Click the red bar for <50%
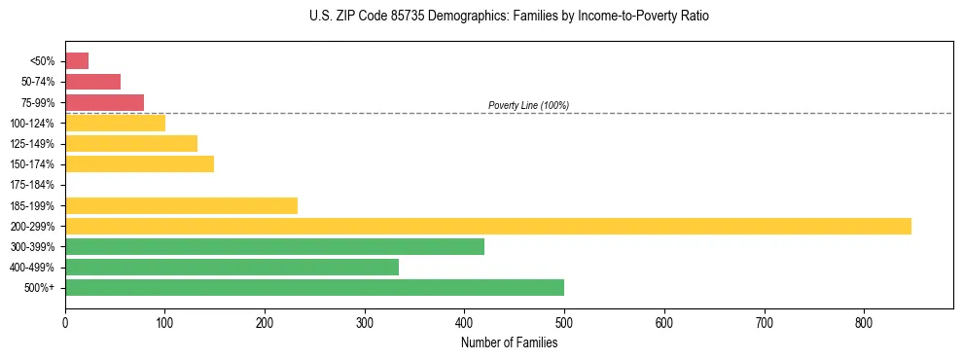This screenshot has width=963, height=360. (77, 61)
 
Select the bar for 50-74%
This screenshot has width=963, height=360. (92, 82)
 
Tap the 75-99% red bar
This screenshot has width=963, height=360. (104, 102)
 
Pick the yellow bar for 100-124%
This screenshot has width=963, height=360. (115, 123)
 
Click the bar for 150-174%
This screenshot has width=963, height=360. (139, 164)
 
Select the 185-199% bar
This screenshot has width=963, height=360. (181, 205)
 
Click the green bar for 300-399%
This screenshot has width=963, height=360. (274, 246)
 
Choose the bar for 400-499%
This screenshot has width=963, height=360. (232, 267)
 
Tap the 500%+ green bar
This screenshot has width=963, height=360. (314, 287)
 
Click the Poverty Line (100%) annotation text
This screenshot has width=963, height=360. (528, 105)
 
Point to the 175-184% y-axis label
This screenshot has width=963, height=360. (36, 185)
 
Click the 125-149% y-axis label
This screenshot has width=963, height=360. (36, 144)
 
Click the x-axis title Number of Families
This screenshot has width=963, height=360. (509, 342)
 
